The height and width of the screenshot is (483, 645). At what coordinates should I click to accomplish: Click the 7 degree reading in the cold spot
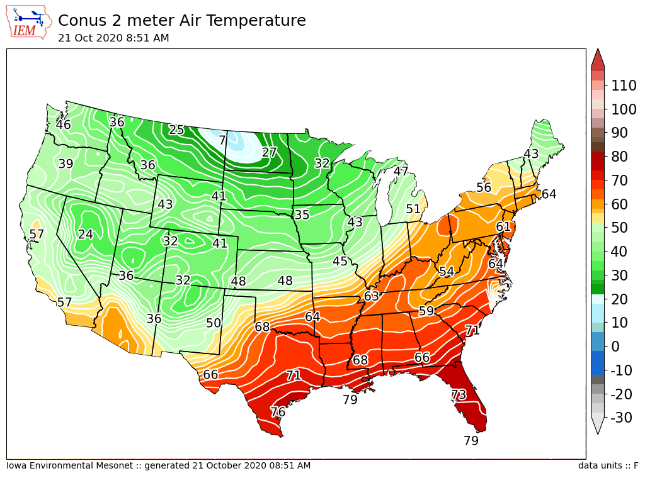click(222, 140)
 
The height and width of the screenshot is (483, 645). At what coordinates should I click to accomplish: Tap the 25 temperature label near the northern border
click(176, 130)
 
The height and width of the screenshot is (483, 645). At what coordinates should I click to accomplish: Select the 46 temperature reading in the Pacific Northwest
click(64, 125)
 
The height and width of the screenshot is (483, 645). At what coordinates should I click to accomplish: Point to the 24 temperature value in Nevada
click(86, 234)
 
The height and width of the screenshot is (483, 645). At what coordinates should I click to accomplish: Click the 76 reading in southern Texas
click(278, 411)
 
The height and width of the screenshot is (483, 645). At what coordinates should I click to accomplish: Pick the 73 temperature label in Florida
click(459, 395)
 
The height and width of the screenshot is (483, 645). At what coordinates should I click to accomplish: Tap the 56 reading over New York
click(484, 187)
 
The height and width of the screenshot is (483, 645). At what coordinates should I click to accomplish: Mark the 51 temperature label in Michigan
click(413, 209)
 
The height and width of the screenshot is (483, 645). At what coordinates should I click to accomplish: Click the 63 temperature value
click(371, 296)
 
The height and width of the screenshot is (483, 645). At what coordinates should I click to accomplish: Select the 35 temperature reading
click(302, 214)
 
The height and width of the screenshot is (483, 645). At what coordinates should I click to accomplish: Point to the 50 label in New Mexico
click(214, 323)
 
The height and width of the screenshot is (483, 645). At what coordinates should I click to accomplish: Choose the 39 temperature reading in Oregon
click(66, 164)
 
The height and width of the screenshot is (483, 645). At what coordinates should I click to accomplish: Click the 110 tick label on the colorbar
click(624, 86)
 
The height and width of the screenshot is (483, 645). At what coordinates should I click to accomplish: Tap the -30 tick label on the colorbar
click(621, 418)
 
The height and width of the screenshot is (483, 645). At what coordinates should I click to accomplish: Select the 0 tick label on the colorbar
click(615, 347)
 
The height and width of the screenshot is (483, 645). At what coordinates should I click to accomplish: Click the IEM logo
click(29, 23)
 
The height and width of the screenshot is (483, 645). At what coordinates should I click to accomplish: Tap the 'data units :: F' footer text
click(608, 465)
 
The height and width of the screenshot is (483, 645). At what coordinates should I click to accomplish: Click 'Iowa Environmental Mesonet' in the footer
click(69, 465)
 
